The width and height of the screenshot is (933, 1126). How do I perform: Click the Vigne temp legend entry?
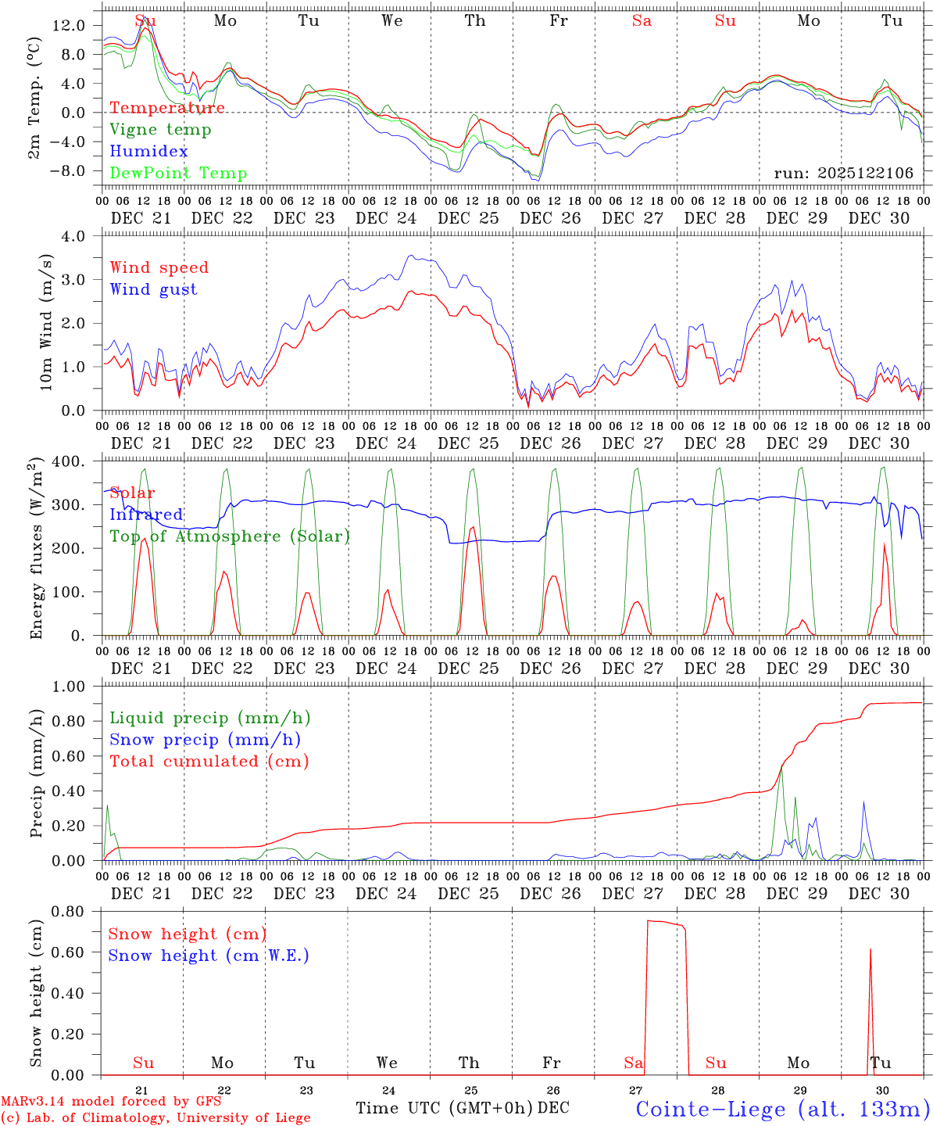point(160,130)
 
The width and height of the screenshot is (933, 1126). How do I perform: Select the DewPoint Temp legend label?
point(178,174)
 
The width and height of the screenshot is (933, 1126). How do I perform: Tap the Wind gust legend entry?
point(153,289)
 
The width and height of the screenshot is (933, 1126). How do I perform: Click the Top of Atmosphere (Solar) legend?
point(229,536)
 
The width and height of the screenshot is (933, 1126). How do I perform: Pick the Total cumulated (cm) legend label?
point(209,761)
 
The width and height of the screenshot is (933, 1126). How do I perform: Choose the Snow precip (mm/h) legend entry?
point(205,740)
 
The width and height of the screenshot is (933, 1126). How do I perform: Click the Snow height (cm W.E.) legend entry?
point(208,956)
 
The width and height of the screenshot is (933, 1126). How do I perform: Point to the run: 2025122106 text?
point(843,173)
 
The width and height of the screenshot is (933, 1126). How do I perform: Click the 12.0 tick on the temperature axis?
point(69,25)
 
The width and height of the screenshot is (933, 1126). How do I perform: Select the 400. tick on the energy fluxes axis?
point(69,461)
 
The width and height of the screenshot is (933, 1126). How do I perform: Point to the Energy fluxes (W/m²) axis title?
point(36,550)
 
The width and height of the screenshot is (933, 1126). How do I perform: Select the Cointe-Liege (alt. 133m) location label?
point(782,1108)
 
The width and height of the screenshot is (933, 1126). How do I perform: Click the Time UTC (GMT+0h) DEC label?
point(462,1108)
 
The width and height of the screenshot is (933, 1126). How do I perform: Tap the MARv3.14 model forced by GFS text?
point(111,1102)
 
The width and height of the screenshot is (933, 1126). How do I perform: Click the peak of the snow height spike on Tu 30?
point(870,949)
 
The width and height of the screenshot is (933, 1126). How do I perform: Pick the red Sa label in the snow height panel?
point(633,1063)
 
